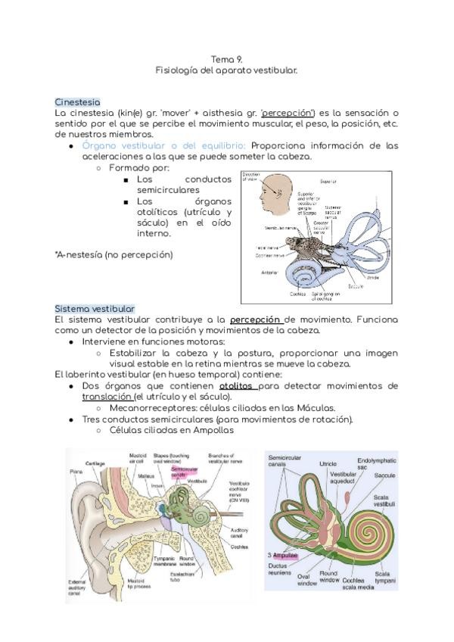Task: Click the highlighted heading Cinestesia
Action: [77, 101]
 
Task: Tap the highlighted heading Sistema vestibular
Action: [95, 308]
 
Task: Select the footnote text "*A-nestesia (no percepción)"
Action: [113, 254]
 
